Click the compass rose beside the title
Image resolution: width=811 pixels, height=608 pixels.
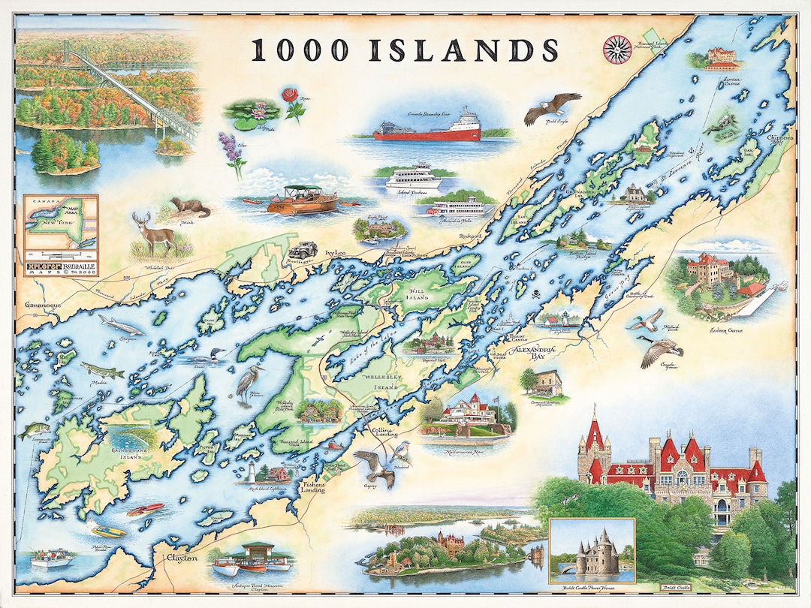(617, 50)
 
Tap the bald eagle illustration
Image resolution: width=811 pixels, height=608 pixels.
(552, 107)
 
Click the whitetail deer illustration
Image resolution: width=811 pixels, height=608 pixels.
(155, 233)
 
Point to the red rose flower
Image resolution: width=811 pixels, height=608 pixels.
(292, 103)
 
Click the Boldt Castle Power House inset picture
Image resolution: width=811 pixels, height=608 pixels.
(592, 551)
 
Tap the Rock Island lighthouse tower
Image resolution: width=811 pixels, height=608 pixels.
(252, 473)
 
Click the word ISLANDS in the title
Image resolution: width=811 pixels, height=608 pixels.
(464, 50)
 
